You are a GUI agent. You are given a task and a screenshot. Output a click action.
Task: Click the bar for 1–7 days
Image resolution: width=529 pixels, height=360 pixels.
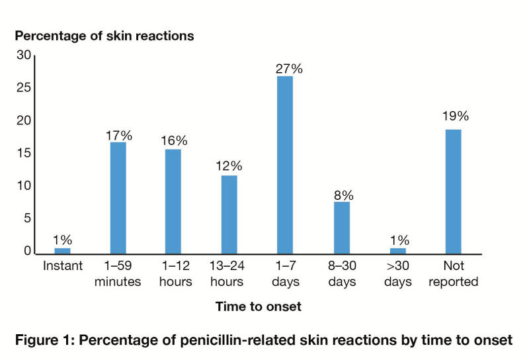[x=285, y=165]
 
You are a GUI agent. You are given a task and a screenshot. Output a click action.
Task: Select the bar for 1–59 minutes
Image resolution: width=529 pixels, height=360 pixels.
[x=118, y=198]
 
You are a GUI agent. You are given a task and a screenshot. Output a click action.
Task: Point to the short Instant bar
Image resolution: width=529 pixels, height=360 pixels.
[x=62, y=251]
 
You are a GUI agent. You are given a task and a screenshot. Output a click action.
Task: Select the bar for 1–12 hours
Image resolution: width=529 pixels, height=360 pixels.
[x=173, y=201]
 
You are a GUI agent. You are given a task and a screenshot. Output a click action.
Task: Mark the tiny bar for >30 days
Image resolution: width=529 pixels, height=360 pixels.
[x=397, y=251]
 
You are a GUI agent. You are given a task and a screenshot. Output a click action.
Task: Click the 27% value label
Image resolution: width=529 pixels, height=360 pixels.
[x=285, y=68]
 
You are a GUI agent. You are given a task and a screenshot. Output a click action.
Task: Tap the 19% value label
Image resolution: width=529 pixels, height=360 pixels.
[x=455, y=116]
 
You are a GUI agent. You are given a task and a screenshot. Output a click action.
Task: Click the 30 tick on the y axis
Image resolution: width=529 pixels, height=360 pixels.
[x=24, y=56]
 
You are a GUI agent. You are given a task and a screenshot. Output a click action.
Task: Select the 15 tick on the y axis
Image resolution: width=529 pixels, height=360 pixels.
[x=24, y=154]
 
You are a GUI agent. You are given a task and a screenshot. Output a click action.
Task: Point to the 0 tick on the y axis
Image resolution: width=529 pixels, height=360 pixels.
[x=28, y=251]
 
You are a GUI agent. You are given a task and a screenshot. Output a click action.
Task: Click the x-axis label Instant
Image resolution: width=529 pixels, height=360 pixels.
[x=63, y=267]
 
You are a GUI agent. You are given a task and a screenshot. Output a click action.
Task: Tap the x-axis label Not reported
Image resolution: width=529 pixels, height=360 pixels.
[x=454, y=274]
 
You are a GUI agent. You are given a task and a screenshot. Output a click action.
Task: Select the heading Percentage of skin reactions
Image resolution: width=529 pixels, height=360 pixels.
[x=104, y=36]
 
